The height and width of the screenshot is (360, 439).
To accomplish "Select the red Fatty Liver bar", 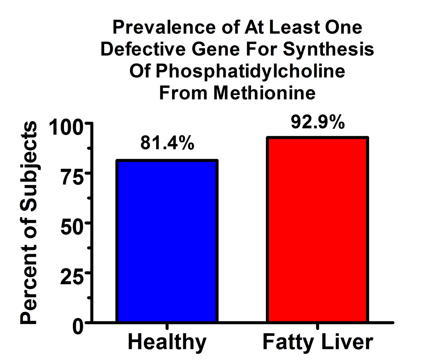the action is pyautogui.click(x=317, y=230).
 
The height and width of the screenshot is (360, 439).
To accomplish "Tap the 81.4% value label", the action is pyautogui.click(x=167, y=143).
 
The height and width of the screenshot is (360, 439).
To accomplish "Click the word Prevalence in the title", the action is pyautogui.click(x=164, y=27).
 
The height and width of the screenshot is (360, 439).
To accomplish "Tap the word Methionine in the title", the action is pyautogui.click(x=264, y=93).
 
